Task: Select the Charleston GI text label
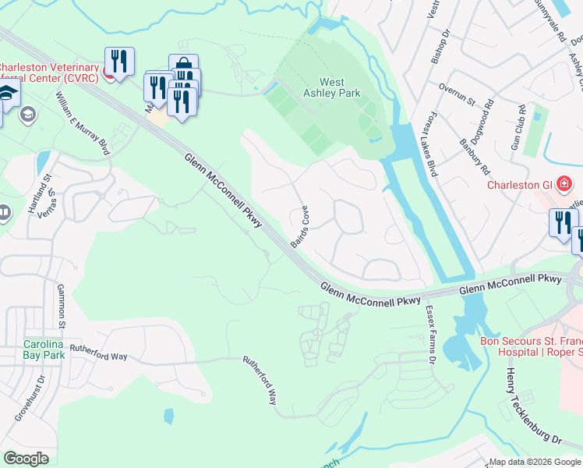point(519,185)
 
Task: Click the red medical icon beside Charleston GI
point(564,185)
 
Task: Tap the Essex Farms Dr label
point(429,334)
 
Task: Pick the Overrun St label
point(456,94)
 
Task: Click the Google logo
point(26,459)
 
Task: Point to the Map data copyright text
point(534,462)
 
